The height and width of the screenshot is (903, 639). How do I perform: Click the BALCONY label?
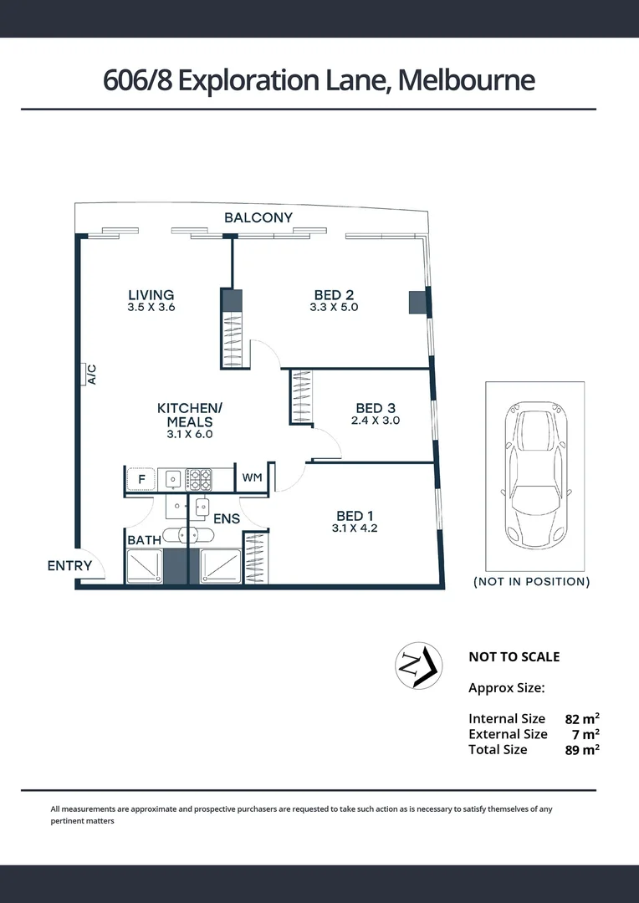[258, 217]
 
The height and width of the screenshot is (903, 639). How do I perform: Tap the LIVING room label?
[151, 294]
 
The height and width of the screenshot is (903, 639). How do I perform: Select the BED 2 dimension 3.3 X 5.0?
[334, 308]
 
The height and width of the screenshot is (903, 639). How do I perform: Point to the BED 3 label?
[376, 408]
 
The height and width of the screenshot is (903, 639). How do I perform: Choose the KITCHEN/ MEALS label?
[190, 415]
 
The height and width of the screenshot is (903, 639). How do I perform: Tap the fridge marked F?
[141, 479]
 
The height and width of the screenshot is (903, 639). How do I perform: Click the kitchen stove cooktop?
[198, 479]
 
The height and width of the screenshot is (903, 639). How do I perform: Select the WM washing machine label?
[252, 478]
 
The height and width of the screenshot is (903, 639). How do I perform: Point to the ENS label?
[227, 518]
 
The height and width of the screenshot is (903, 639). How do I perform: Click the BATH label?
[144, 540]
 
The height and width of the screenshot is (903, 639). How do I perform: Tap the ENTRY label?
[69, 566]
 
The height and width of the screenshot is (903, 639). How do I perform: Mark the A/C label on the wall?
[91, 374]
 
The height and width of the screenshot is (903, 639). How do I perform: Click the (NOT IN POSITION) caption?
[531, 581]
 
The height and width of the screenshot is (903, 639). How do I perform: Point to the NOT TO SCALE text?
[514, 656]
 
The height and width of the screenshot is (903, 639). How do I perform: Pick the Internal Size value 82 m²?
[582, 718]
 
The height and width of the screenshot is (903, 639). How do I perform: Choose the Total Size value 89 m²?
[582, 749]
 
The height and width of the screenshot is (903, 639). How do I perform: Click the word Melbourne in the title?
[466, 80]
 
